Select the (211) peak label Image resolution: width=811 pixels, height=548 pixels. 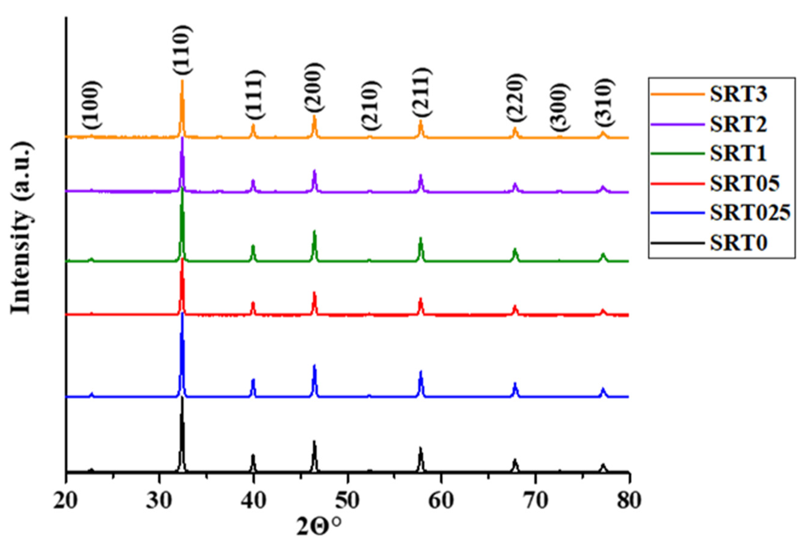tap(422, 91)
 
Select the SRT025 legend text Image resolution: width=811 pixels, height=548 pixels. tap(750, 212)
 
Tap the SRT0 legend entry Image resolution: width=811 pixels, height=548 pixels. tap(738, 243)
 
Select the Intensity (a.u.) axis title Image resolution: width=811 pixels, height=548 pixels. tap(22, 227)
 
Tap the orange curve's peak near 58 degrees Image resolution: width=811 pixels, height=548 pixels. tap(421, 121)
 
